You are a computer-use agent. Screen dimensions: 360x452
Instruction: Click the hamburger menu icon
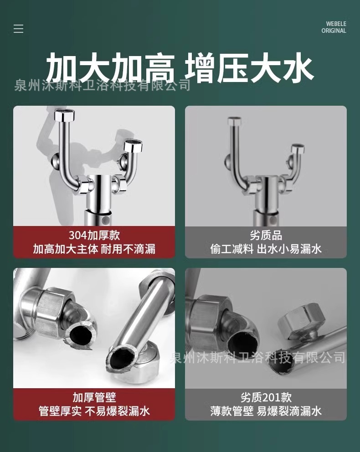click(18, 29)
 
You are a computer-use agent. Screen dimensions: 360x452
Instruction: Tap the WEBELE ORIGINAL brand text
click(334, 27)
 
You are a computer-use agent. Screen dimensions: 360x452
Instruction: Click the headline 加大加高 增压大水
click(180, 67)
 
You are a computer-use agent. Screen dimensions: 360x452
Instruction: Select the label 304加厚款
click(94, 235)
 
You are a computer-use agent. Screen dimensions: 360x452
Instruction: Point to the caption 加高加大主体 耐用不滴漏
click(94, 249)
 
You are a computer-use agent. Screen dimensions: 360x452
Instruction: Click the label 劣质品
click(266, 235)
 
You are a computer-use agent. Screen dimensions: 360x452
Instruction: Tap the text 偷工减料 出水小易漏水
click(266, 249)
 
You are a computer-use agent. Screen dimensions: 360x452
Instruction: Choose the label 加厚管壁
click(94, 397)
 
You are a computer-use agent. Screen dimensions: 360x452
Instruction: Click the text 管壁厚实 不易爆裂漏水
click(94, 411)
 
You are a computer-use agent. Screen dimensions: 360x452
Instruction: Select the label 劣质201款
click(266, 397)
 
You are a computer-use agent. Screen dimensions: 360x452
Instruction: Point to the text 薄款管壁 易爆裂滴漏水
click(266, 411)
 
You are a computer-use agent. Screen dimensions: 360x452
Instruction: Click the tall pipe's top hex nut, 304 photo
click(64, 115)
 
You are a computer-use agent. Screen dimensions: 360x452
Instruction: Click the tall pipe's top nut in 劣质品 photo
click(234, 121)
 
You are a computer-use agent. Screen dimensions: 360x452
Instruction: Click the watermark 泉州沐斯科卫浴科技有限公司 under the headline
click(103, 86)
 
